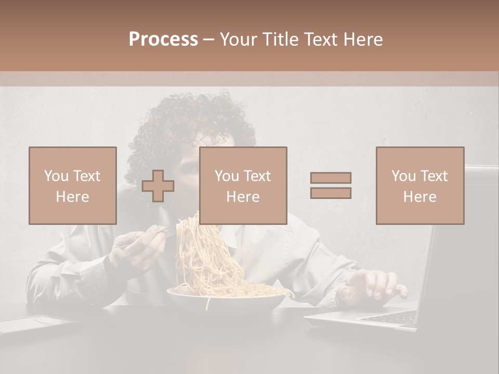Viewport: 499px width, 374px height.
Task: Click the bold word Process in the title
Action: (x=163, y=39)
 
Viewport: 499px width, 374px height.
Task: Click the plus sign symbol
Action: (x=158, y=186)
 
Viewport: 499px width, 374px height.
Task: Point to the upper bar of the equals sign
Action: (x=331, y=178)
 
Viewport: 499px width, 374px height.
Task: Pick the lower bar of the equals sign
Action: (x=331, y=193)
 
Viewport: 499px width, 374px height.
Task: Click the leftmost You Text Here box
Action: (x=73, y=185)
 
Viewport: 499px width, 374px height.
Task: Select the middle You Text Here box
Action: (x=243, y=185)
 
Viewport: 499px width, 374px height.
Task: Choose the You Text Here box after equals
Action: (x=420, y=185)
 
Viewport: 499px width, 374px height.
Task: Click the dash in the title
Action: (x=208, y=39)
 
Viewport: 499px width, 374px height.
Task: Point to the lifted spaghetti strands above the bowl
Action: (x=208, y=249)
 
